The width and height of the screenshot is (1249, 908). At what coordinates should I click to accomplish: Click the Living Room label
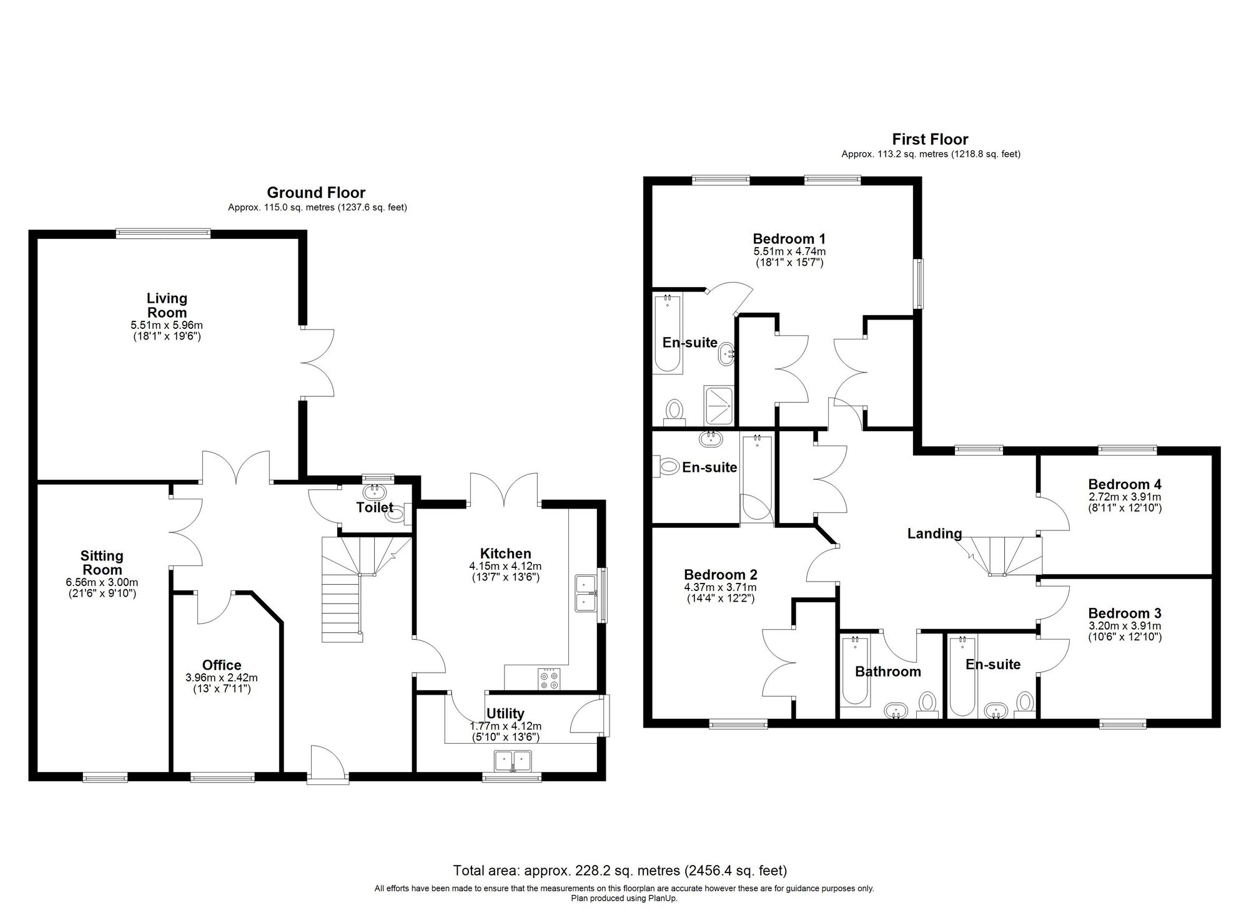[x=167, y=305]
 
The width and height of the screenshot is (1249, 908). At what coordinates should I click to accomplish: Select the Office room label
[x=221, y=665]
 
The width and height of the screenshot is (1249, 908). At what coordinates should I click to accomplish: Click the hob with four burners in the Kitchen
[x=550, y=679]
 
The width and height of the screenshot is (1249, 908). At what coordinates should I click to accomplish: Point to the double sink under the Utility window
[x=512, y=761]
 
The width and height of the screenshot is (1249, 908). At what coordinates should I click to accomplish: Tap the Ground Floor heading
[x=316, y=192]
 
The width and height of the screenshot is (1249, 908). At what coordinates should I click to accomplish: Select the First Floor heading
[x=930, y=139]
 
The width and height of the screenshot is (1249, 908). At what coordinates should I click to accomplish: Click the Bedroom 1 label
[x=789, y=238]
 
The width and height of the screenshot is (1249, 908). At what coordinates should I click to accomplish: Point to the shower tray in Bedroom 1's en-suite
[x=719, y=404]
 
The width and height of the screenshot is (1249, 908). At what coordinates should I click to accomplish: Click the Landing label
[x=934, y=534]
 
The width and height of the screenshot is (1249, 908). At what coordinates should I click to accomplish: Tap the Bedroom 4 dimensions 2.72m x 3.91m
[x=1125, y=497]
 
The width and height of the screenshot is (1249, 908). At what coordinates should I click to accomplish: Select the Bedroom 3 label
[x=1125, y=613]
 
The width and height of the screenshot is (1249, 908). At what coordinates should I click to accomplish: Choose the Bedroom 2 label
[x=720, y=575]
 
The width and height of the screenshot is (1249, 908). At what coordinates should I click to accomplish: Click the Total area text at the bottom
[x=620, y=870]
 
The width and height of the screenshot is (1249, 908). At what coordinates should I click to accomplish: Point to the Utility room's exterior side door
[x=589, y=716]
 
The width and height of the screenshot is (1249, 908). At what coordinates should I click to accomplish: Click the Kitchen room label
[x=505, y=554]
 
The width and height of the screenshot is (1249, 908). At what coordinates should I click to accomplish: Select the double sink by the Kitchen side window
[x=586, y=593]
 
